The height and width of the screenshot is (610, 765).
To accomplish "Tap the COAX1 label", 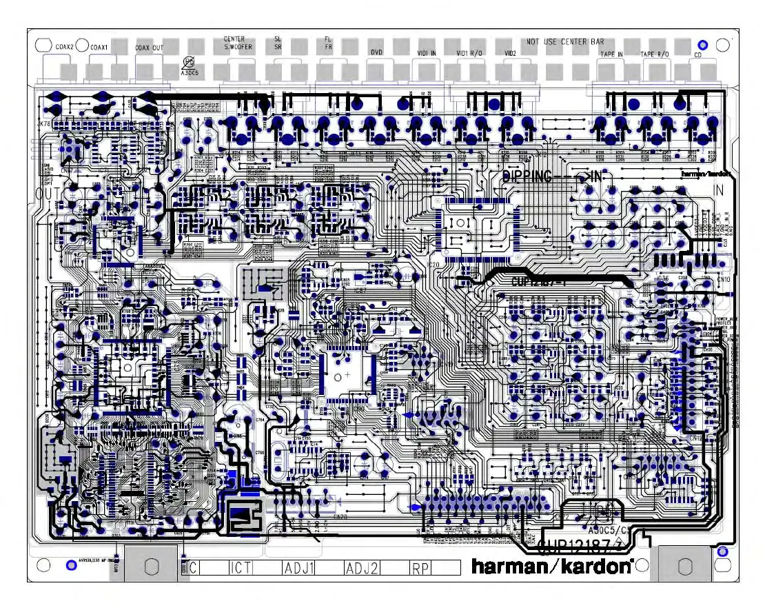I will (x=99, y=47).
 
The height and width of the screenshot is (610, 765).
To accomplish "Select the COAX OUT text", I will (x=150, y=48).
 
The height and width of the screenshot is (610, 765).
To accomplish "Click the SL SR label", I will (x=278, y=43).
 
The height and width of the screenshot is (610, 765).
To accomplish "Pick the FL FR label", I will (x=328, y=43).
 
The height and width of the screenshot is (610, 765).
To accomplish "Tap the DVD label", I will (x=376, y=52).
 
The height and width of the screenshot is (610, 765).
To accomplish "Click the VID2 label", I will (x=511, y=52).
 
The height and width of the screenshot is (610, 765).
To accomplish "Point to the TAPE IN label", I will (x=611, y=54).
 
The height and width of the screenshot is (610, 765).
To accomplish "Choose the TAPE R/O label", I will (x=654, y=54).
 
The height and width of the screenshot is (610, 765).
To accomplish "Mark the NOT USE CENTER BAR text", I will (x=565, y=42).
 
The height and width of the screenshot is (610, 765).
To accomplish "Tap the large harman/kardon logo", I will (x=552, y=567).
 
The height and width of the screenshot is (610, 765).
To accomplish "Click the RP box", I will (x=420, y=568).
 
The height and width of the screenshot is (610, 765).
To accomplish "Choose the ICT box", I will (x=241, y=568).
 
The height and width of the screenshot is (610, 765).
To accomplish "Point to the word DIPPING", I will (x=527, y=176).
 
